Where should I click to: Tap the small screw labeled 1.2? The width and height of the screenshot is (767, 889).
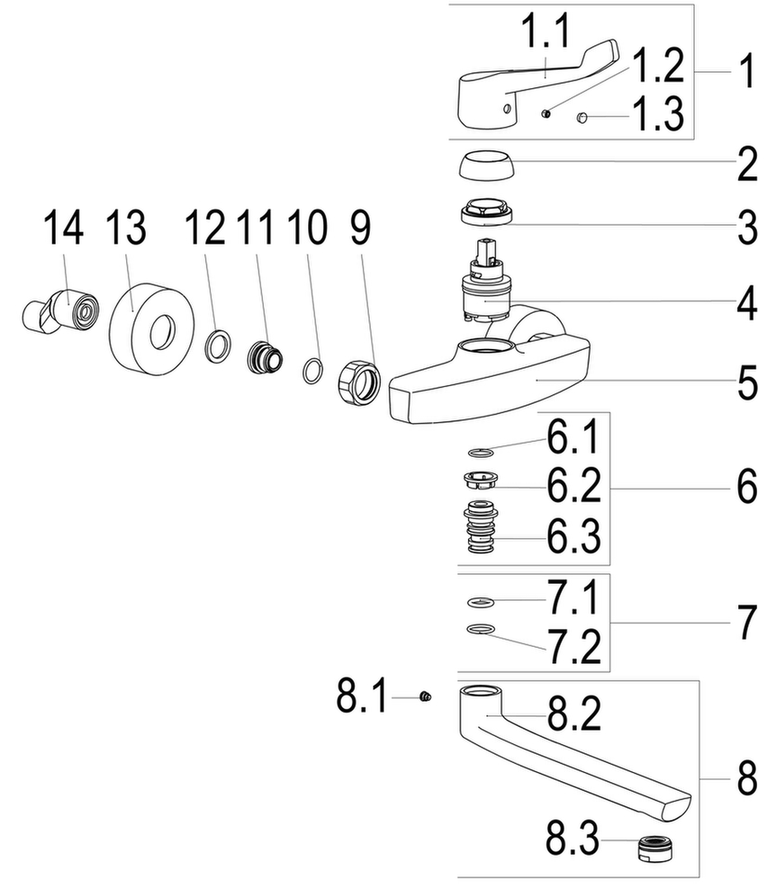click(546, 114)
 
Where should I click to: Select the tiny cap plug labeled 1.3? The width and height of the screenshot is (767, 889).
click(582, 117)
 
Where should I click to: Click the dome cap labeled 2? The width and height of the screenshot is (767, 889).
click(485, 165)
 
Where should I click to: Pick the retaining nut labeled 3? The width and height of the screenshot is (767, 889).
click(486, 212)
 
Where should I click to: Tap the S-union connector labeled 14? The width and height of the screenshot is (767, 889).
click(60, 311)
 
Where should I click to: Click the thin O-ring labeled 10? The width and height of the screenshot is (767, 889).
click(313, 370)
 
